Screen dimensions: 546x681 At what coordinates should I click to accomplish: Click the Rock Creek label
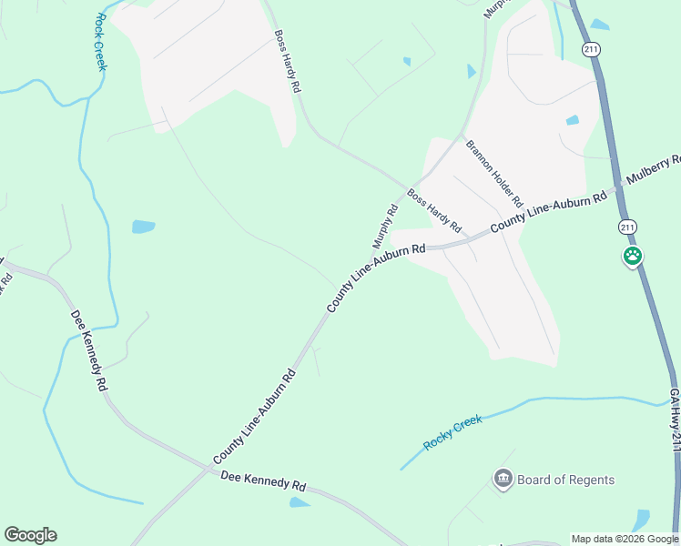pos(100,41)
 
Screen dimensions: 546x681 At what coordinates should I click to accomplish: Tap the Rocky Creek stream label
pos(452,432)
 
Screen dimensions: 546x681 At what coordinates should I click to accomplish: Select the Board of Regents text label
pos(565,480)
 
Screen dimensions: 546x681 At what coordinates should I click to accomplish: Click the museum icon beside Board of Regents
pos(502,479)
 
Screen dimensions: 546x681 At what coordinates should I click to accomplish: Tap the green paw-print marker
pos(633,257)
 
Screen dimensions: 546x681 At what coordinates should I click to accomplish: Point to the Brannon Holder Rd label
pos(494,172)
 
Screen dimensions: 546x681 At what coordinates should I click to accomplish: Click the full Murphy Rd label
pos(385,226)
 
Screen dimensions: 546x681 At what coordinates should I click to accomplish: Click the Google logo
pos(30,535)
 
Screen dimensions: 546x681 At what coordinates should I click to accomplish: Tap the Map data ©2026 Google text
pos(625,539)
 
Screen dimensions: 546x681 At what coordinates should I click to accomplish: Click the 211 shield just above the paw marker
pos(626,226)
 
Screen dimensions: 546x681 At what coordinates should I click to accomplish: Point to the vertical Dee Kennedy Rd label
pos(89,350)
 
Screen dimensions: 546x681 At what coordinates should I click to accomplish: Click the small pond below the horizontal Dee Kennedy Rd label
pos(299,502)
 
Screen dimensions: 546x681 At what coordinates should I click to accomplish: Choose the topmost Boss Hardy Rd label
pos(287,62)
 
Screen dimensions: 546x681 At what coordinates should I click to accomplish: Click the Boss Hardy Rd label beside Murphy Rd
pos(434,210)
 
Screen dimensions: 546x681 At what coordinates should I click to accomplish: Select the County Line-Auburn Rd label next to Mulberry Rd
pos(548,211)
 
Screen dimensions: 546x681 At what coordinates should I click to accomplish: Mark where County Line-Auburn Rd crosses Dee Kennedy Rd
pos(203,470)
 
